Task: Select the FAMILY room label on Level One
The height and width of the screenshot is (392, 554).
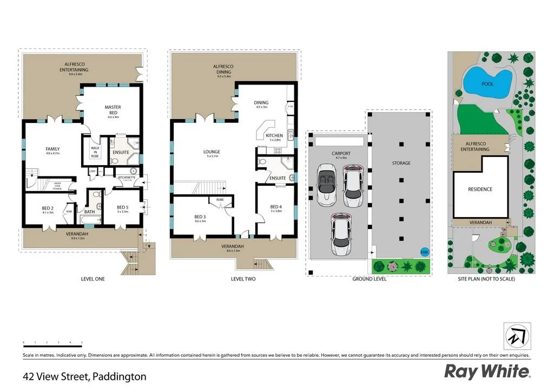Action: pos(52,149)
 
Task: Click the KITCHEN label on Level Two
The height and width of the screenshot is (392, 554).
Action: pos(274,135)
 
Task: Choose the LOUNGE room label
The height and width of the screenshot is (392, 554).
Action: pos(212,152)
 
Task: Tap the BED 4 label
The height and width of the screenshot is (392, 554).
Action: pos(276,207)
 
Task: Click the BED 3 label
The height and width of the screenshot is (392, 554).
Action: pos(200,217)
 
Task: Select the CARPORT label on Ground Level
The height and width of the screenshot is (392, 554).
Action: pos(341,154)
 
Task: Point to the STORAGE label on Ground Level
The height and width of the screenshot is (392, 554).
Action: pos(401,163)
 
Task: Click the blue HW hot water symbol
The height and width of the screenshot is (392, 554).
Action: pos(424,252)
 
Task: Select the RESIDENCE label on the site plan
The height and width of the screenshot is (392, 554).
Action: pos(480,189)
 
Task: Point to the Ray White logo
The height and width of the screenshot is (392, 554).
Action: pos(487,371)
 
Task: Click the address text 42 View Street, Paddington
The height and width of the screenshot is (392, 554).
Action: pos(84,376)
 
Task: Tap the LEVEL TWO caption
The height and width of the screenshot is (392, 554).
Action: pos(243,279)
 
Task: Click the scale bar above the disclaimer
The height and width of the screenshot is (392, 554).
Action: pos(52,343)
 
